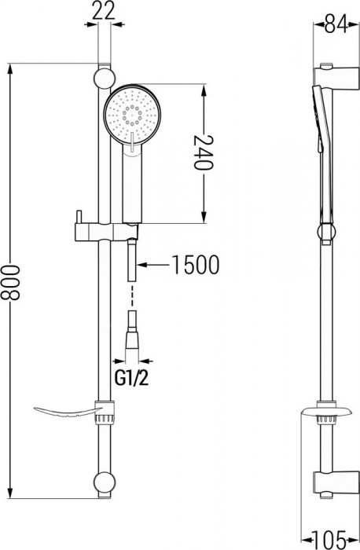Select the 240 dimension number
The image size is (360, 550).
(203, 153)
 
